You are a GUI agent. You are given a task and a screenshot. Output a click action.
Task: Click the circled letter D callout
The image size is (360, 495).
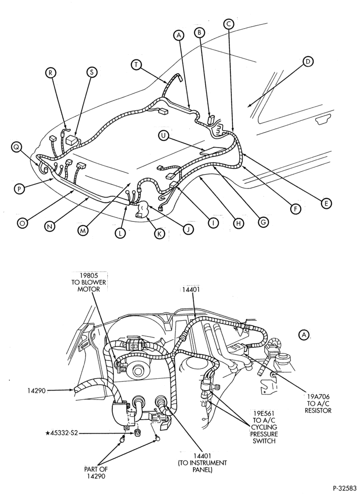click(x=308, y=61)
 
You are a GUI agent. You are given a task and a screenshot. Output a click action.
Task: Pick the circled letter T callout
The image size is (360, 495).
click(x=136, y=64)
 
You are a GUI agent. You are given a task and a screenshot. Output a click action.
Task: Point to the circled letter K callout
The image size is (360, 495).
click(x=160, y=234)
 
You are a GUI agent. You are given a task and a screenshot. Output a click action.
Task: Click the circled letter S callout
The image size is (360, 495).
click(x=92, y=72)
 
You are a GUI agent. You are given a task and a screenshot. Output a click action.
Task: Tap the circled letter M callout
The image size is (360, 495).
click(x=83, y=231)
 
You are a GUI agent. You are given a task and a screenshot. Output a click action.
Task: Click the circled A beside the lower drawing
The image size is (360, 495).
click(x=304, y=335)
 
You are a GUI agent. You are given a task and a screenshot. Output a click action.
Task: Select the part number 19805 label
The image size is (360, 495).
click(x=89, y=275)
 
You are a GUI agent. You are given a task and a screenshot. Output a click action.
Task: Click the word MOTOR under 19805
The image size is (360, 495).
click(x=89, y=289)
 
